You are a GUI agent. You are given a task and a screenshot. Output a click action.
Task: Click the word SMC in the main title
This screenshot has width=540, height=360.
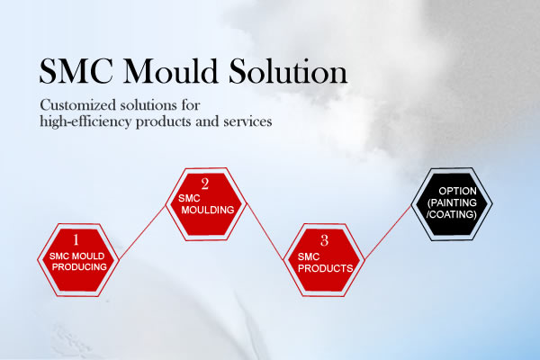click(76, 71)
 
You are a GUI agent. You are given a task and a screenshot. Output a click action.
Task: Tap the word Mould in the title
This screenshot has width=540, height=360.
click(170, 70)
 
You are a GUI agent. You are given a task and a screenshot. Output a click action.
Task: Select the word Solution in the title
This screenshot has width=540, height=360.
click(288, 71)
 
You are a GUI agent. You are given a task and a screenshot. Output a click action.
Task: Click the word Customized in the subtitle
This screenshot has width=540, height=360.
click(77, 104)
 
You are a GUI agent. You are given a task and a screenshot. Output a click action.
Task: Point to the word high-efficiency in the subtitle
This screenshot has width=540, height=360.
click(85, 122)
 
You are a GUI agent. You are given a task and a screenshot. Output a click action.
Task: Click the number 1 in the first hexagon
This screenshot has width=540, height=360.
click(76, 239)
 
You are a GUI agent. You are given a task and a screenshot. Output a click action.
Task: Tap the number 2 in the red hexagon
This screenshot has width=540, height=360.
click(205, 184)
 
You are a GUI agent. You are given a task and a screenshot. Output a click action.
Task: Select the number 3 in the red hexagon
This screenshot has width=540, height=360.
click(324, 240)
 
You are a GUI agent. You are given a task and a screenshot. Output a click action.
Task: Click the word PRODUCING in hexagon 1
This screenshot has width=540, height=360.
click(79, 267)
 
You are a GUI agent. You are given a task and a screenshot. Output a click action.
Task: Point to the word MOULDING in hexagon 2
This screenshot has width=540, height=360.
click(208, 210)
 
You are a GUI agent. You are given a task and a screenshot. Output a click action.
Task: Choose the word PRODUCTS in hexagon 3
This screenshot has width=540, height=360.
click(326, 268)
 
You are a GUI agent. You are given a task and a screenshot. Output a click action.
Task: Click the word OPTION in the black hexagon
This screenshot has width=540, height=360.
click(457, 191)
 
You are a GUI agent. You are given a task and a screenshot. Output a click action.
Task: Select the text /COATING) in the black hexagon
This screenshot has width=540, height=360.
click(452, 214)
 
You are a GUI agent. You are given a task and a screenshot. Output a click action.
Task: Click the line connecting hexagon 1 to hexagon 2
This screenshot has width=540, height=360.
click(142, 232)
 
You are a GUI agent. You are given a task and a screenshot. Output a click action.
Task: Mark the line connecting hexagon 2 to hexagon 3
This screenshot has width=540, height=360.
click(265, 231)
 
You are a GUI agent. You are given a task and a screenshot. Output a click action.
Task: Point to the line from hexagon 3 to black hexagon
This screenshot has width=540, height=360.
click(388, 232)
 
